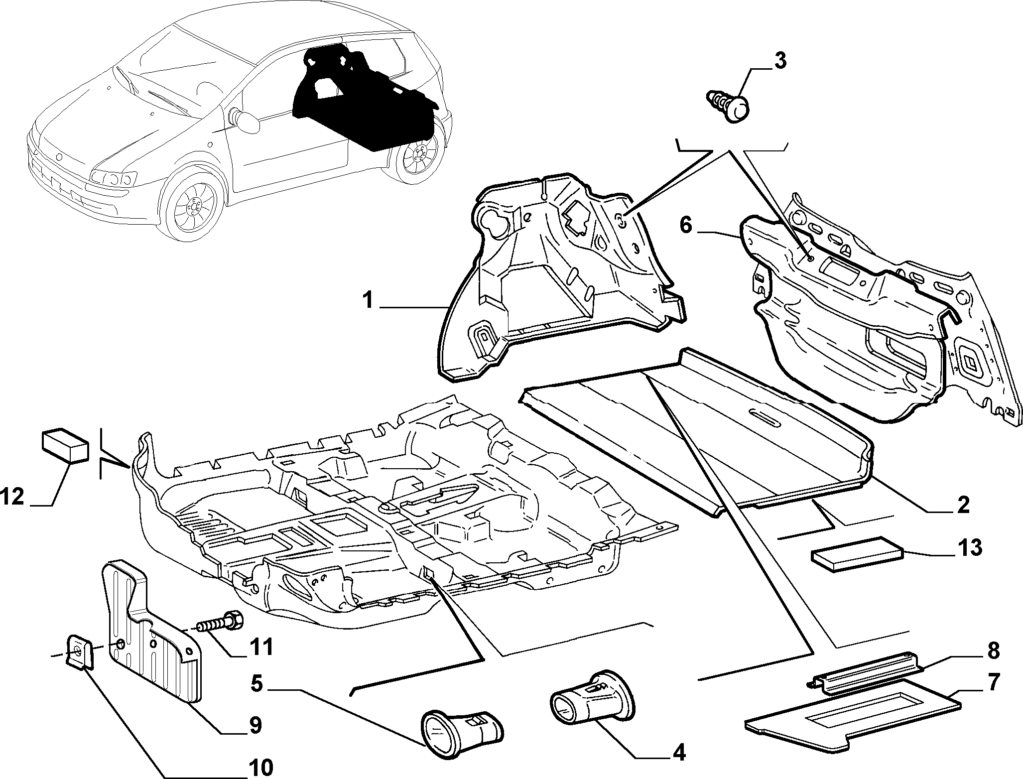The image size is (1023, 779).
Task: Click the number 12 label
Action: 12,497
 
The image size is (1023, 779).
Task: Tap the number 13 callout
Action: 969,547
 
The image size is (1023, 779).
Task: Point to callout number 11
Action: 261,647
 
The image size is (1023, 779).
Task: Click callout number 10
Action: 260,767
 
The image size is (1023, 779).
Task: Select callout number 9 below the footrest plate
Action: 255,725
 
